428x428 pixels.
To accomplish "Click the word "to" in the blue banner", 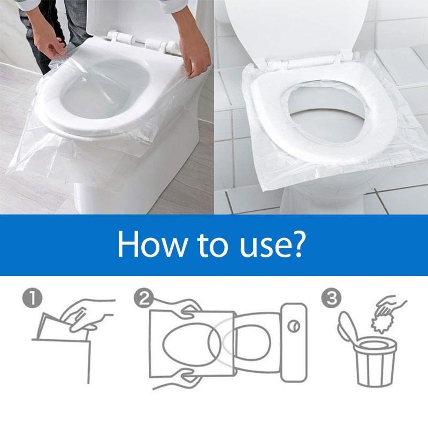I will pyautogui.click(x=206, y=246).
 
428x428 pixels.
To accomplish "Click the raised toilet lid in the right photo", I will pyautogui.click(x=300, y=27).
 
